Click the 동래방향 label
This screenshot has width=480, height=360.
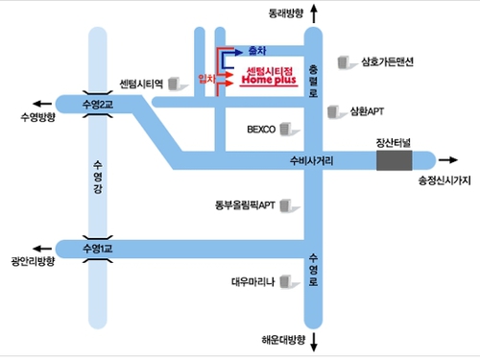click(x=286, y=13)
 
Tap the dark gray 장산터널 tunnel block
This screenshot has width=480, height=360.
click(x=394, y=160)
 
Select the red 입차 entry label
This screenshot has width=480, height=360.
click(x=204, y=75)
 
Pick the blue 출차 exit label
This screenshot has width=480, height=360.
click(x=256, y=49)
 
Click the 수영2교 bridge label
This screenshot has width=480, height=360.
click(x=99, y=102)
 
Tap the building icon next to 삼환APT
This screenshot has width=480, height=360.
click(x=335, y=113)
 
